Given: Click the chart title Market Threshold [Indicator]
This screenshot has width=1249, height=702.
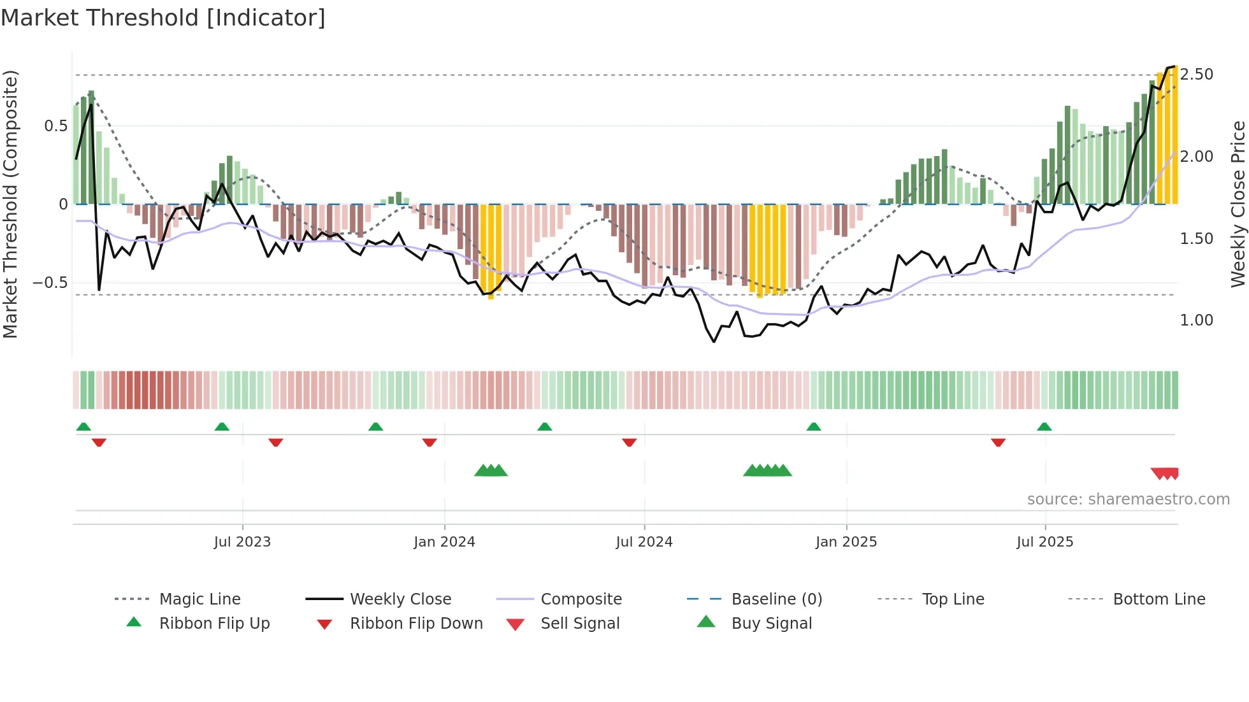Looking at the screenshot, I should (163, 18).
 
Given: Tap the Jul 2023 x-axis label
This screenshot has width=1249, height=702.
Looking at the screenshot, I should (242, 542).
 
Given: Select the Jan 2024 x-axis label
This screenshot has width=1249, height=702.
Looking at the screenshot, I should (444, 542).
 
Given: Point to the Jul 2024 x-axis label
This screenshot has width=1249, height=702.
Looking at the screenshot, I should (644, 542).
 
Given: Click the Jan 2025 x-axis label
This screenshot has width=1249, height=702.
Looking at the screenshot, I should (846, 542).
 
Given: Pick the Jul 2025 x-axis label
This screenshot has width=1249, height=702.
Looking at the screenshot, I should (1044, 542).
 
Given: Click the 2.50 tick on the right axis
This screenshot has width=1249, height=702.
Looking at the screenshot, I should (1196, 75).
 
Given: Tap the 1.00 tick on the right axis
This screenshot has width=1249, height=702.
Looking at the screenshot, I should (1196, 320).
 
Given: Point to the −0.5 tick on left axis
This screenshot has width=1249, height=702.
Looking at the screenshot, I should (50, 282).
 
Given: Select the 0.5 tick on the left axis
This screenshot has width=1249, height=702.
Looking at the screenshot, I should (55, 126).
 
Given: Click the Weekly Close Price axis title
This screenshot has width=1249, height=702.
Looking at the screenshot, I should (1238, 204).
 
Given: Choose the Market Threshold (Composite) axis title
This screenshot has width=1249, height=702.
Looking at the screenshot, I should (10, 204).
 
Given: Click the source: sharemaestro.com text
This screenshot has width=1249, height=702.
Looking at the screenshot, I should (1128, 499).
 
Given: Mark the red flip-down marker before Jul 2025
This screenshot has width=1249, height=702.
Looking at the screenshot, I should (998, 442).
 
